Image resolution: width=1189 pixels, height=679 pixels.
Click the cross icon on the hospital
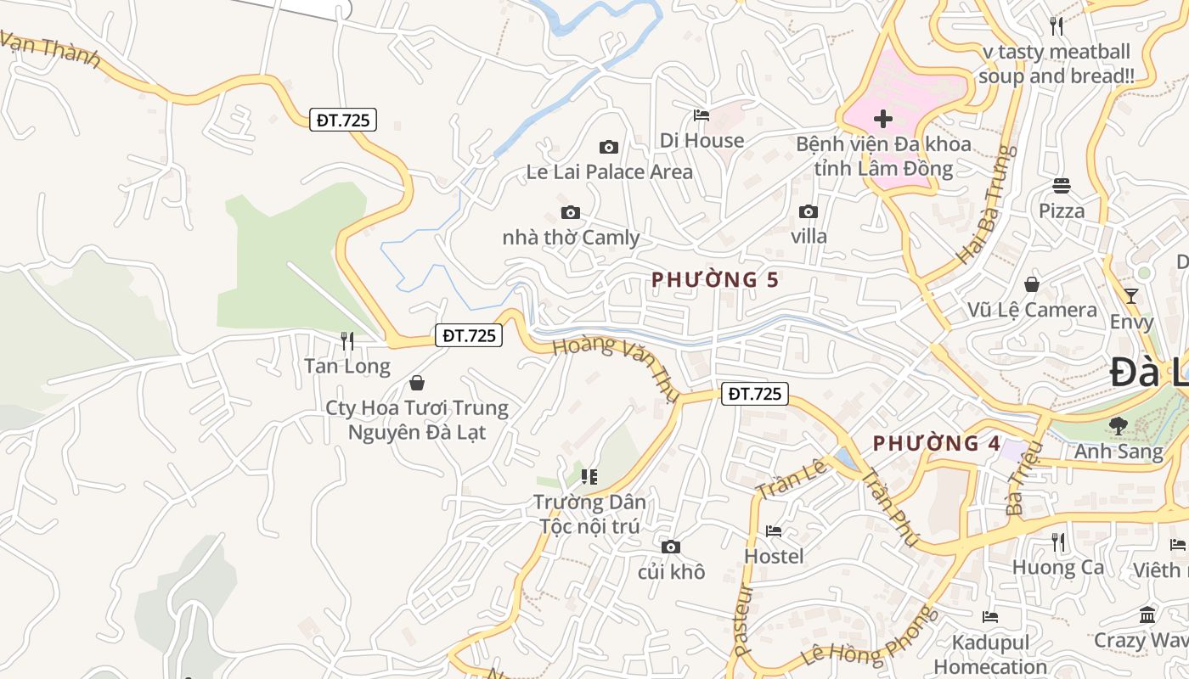click(x=883, y=119)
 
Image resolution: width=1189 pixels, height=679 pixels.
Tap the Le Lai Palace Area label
click(x=609, y=171)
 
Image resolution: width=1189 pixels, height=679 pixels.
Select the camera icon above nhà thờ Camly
click(x=571, y=212)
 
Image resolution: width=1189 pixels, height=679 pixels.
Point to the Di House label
click(x=702, y=140)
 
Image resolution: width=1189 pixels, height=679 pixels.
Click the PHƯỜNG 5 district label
click(x=715, y=279)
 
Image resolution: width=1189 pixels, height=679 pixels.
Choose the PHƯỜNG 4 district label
click(x=938, y=443)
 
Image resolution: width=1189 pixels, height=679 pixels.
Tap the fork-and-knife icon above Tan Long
click(x=347, y=341)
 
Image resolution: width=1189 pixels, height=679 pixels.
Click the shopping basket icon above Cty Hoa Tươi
click(x=417, y=384)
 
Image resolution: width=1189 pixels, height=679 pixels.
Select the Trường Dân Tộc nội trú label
click(x=589, y=513)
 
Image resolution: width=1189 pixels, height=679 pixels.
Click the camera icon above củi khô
click(x=671, y=547)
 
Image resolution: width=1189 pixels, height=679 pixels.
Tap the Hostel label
click(x=774, y=556)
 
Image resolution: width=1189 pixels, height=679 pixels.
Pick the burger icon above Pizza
click(x=1062, y=185)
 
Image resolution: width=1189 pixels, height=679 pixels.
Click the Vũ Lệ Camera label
click(x=1032, y=310)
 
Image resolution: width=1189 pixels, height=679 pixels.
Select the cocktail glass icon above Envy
click(x=1130, y=295)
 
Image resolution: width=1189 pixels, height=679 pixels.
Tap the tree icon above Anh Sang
click(x=1119, y=425)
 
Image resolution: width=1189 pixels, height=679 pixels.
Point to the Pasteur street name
click(x=744, y=620)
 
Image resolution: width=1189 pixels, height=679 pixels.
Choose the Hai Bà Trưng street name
click(x=986, y=204)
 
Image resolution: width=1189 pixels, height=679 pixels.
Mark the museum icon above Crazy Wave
click(x=1147, y=614)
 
